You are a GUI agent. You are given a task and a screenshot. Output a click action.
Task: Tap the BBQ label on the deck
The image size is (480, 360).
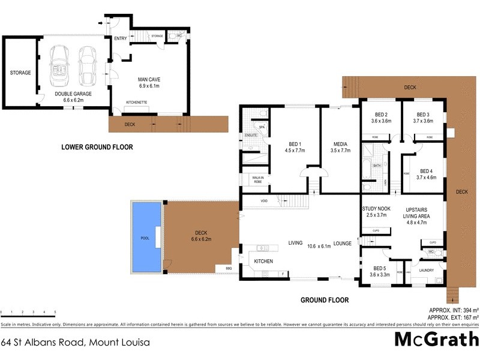(229, 268)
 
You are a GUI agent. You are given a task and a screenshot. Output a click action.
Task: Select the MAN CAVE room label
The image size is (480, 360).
(151, 79)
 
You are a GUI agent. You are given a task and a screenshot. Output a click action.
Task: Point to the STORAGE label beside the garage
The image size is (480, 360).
(20, 73)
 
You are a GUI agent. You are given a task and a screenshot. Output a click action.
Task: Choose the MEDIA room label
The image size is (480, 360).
(340, 143)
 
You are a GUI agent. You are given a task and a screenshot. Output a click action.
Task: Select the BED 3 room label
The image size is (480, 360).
(423, 115)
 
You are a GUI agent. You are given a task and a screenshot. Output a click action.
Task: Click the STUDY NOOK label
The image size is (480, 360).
(376, 208)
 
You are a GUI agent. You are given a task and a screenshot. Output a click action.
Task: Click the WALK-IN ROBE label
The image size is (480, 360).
(258, 179)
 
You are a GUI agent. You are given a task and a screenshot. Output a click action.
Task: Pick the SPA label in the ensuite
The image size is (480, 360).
(262, 127)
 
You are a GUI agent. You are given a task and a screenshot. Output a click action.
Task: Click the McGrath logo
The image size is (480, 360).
(436, 339)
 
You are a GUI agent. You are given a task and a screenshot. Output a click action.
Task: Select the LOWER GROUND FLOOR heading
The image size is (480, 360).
(98, 147)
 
